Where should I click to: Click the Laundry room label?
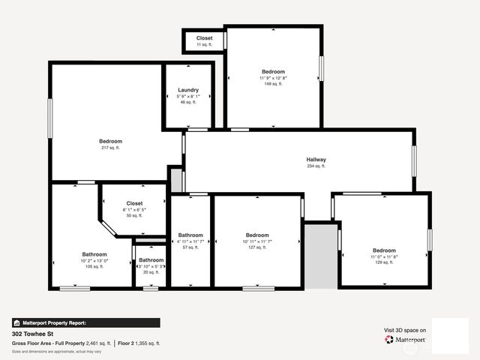[x=188, y=90]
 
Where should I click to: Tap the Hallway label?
[x=316, y=160]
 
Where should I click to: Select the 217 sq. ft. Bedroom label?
[x=110, y=141]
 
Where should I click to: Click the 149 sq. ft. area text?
[x=273, y=84]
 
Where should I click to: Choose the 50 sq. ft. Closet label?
[x=134, y=203]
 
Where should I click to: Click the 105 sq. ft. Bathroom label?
[x=94, y=254]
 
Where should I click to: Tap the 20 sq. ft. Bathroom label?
[x=151, y=260]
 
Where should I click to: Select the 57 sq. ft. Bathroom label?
[x=190, y=235]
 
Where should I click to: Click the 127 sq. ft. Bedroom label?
[x=257, y=235]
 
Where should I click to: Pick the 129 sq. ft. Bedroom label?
[x=384, y=250]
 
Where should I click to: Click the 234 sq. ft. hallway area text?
[x=316, y=166]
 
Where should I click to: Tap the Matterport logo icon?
[x=389, y=340]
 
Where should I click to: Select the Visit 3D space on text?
[x=405, y=330]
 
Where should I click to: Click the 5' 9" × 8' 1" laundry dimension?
[x=188, y=96]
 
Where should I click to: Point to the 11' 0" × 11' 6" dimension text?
[x=384, y=256]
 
